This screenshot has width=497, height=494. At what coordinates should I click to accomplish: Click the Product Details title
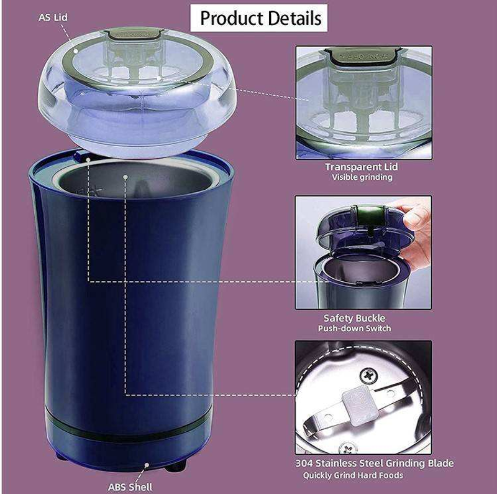[260, 18]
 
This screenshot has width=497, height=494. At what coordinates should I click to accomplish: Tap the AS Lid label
[53, 17]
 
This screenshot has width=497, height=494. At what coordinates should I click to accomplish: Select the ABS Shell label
[130, 487]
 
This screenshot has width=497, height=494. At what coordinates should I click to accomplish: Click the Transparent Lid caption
[362, 167]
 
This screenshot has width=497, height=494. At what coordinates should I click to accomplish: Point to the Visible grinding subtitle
[362, 177]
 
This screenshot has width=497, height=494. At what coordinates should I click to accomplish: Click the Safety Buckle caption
[354, 318]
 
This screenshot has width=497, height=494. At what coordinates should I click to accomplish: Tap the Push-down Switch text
[354, 328]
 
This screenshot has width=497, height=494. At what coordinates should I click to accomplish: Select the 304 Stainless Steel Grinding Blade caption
[375, 464]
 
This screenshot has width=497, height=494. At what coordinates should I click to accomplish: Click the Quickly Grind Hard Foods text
[353, 475]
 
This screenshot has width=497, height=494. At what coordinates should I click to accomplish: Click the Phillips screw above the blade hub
[368, 376]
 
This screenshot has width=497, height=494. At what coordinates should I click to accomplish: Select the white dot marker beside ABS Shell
[147, 465]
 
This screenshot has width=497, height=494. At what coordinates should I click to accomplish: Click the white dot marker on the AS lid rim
[76, 51]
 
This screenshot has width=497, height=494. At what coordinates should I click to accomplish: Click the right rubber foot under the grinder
[175, 467]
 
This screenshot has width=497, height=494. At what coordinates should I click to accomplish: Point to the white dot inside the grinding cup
[125, 177]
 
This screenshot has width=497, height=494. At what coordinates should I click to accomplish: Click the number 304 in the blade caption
[304, 464]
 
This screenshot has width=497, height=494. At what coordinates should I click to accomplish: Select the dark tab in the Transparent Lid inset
[363, 56]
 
